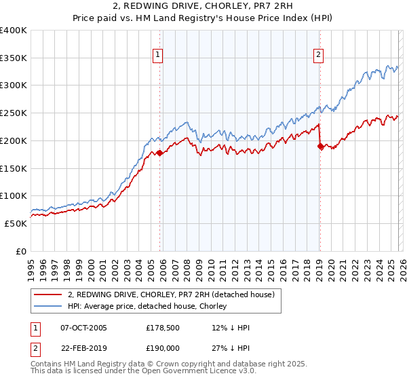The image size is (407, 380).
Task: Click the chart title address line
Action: coord(203,7)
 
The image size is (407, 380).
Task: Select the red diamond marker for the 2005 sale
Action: coord(160,153)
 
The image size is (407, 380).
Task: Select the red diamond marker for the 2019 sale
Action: coord(320,146)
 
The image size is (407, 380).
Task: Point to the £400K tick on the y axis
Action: coord(14,31)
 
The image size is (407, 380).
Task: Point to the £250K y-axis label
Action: coord(14,113)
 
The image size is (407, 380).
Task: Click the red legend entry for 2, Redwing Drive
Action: coord(170,294)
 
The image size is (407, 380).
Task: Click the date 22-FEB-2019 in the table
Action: coord(83,347)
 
